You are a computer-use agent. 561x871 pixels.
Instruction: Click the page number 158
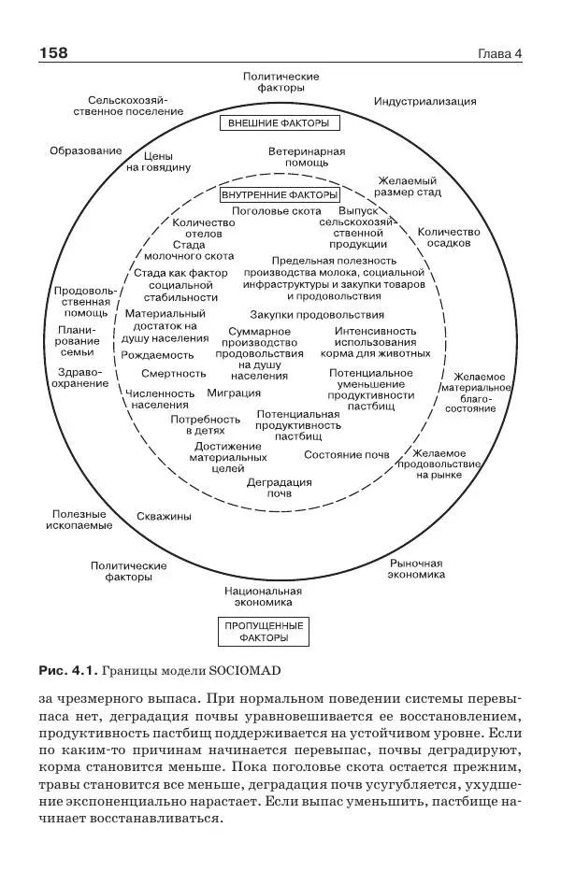point(53,53)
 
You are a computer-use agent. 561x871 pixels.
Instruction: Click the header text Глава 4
point(499,53)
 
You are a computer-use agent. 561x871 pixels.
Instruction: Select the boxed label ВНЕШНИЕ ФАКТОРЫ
point(280,123)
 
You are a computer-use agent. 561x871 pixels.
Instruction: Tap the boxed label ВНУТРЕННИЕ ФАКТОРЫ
point(280,195)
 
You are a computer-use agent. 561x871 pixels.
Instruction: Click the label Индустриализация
point(425,102)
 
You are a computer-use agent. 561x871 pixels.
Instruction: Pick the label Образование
point(86,150)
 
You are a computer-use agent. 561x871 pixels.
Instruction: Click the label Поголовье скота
point(277,211)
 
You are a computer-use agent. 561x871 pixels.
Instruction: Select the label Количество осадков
point(449,236)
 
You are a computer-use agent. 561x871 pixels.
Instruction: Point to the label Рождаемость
point(158,355)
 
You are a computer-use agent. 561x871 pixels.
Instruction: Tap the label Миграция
point(234,393)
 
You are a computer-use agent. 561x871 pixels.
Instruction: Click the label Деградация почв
point(280,487)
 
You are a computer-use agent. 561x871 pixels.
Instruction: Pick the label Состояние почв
point(346,454)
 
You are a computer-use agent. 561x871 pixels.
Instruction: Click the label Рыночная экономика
point(416,568)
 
